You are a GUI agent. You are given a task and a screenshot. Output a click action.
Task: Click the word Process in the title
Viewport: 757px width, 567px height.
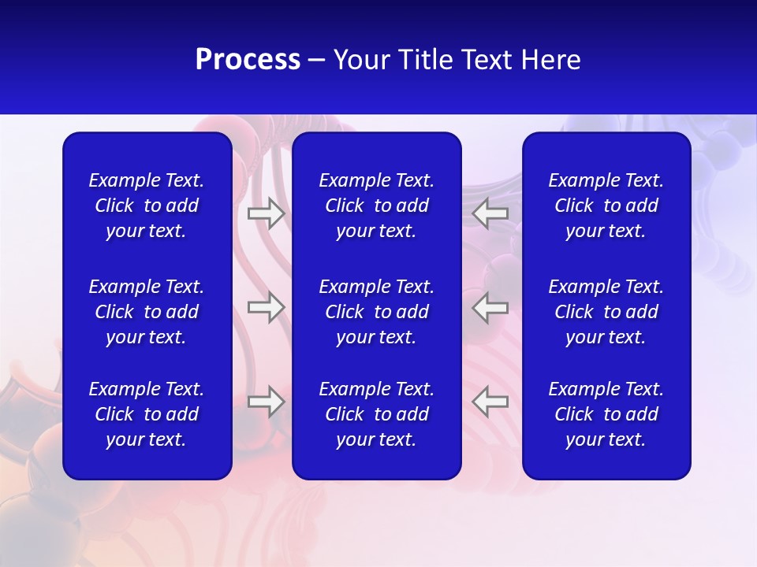(x=248, y=60)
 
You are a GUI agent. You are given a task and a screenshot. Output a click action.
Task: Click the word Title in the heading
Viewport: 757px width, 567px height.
(x=424, y=60)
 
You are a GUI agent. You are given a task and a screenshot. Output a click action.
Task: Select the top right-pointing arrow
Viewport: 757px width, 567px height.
(x=266, y=213)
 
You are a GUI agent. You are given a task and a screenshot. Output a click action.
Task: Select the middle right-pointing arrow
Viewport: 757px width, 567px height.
(x=266, y=307)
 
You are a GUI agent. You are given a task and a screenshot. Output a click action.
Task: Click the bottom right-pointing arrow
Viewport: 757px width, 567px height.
(x=266, y=402)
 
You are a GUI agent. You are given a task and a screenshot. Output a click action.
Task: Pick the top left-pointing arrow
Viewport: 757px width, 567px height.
(x=490, y=213)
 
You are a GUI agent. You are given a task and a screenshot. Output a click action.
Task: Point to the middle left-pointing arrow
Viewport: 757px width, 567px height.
(x=490, y=307)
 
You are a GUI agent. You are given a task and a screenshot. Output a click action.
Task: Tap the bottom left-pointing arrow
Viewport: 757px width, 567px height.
(x=490, y=402)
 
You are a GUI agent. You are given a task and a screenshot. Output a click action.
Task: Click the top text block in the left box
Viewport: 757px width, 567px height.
(x=147, y=206)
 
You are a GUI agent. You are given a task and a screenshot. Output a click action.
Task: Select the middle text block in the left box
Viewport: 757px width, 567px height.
(x=147, y=312)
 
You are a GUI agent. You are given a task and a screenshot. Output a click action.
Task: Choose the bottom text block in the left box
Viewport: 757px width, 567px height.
(x=147, y=414)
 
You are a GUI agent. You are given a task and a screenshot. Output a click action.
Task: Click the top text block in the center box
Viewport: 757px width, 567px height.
(x=376, y=206)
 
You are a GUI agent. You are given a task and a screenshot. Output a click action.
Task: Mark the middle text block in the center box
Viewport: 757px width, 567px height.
(x=376, y=312)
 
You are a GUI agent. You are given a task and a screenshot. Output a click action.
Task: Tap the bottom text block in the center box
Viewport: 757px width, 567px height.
(x=376, y=414)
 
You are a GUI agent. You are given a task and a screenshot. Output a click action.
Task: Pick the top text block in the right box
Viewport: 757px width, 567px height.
(x=606, y=206)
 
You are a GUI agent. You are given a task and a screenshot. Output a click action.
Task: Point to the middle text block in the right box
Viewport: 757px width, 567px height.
(x=606, y=312)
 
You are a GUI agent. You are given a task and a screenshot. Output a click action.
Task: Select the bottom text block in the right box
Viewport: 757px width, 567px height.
(x=606, y=414)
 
